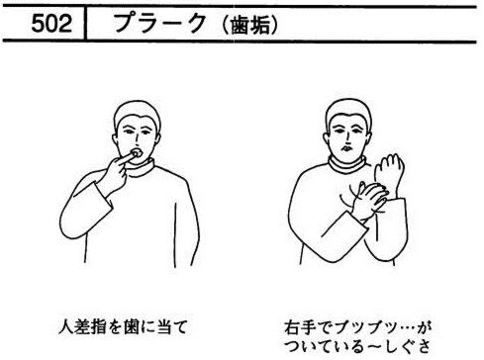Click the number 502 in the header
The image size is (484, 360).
click(x=51, y=24)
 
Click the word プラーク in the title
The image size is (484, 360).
click(x=160, y=23)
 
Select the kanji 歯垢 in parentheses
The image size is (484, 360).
click(x=250, y=26)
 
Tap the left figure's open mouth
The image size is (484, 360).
click(x=137, y=153)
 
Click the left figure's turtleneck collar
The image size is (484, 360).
click(x=141, y=166)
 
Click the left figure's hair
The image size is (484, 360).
click(x=137, y=113)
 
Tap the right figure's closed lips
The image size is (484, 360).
click(x=345, y=148)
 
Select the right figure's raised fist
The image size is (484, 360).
click(x=390, y=171)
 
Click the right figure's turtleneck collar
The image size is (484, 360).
click(x=346, y=164)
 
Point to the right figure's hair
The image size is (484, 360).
click(x=348, y=112)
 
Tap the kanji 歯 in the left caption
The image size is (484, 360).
click(x=132, y=327)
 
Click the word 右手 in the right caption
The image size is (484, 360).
click(x=300, y=327)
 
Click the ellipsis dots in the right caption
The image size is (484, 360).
click(x=407, y=328)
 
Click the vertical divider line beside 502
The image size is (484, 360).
click(x=85, y=23)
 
